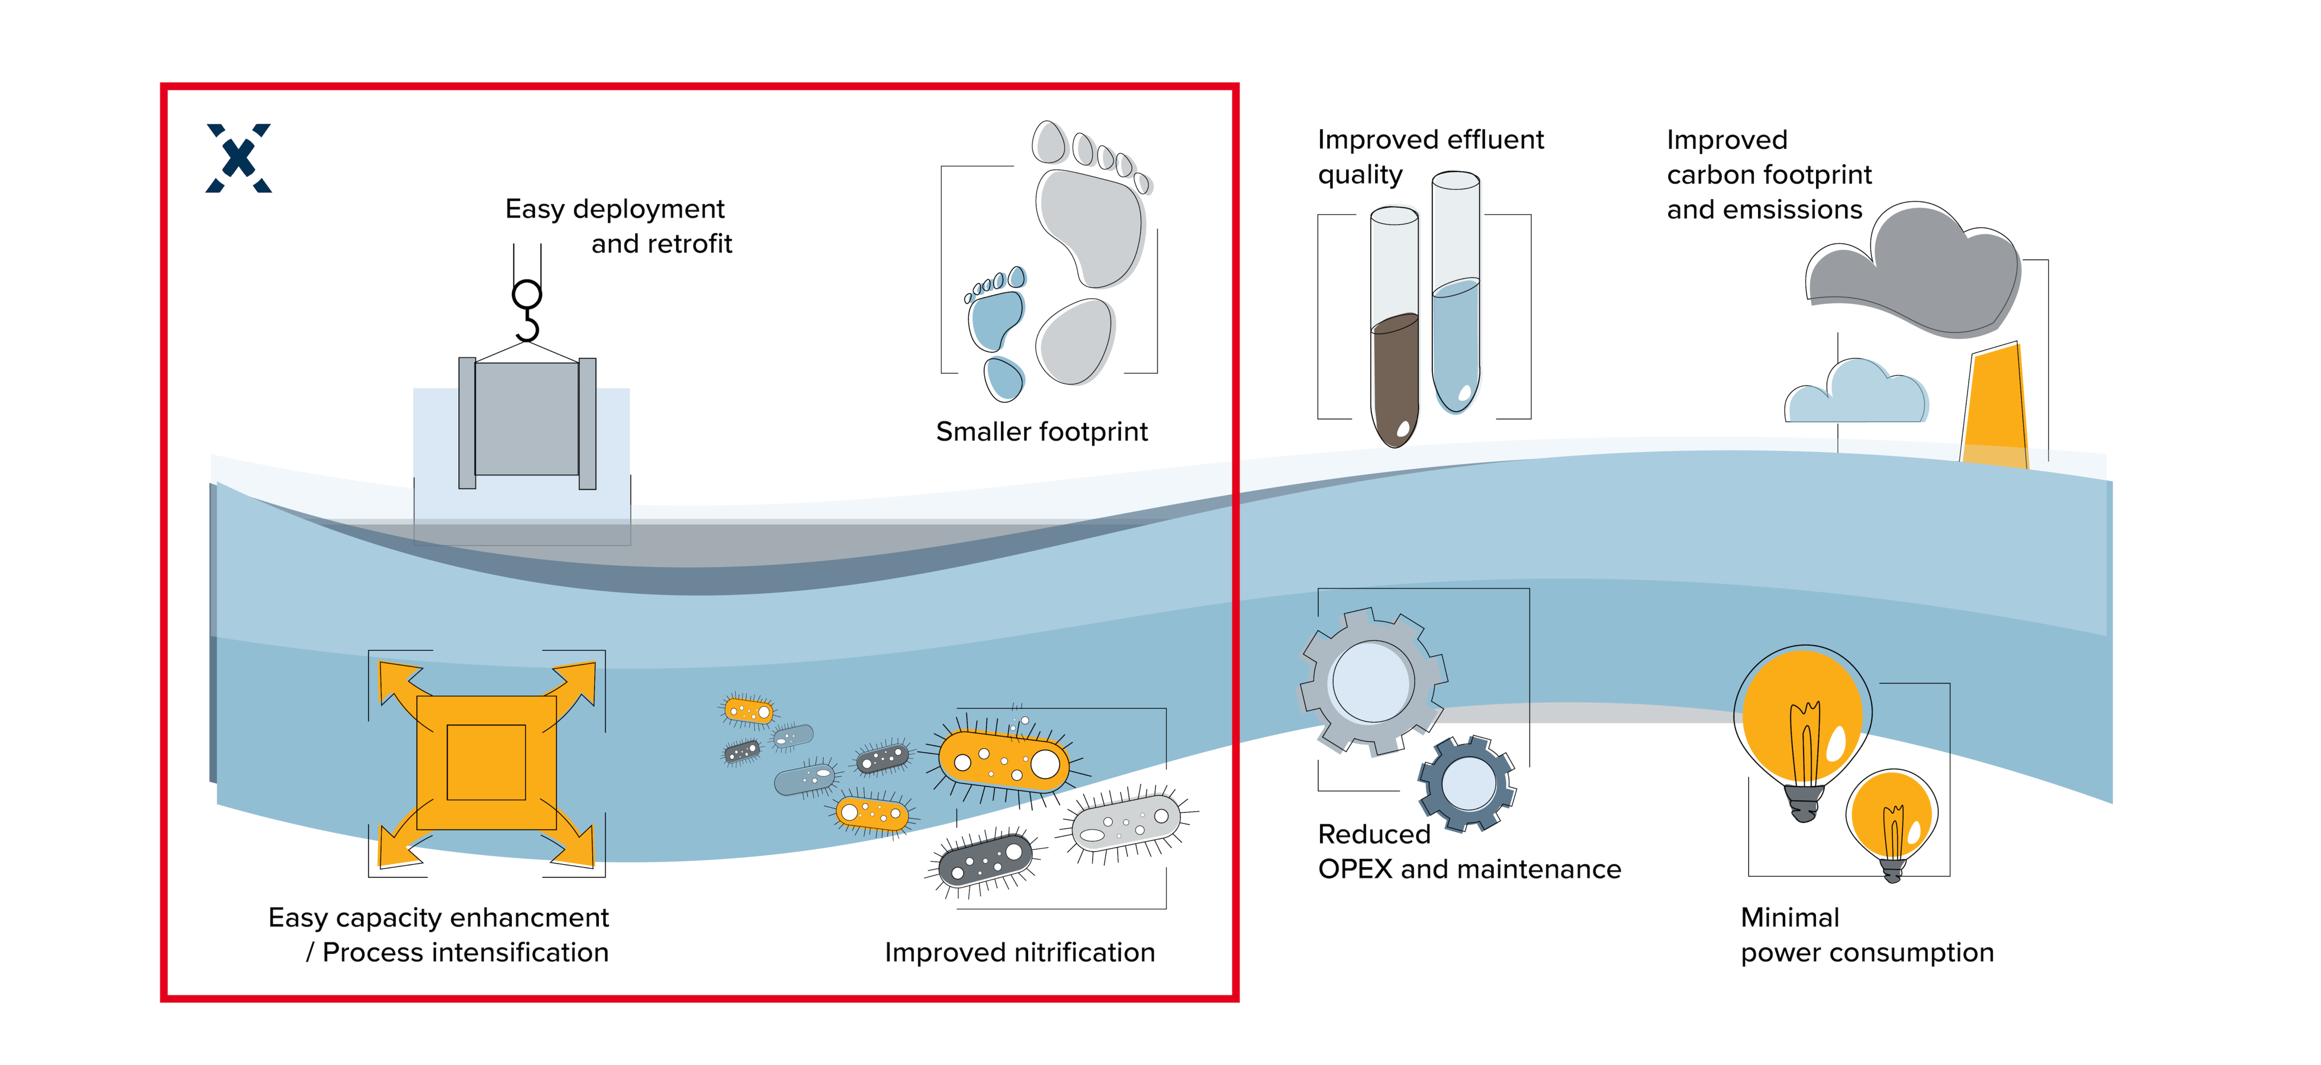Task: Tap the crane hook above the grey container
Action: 527,311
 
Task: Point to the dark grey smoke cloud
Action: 1915,275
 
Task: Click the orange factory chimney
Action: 1996,405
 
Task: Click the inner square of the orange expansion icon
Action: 487,762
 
